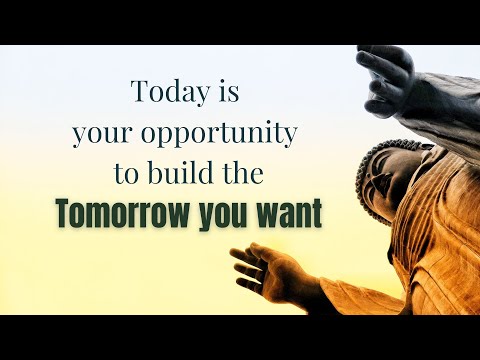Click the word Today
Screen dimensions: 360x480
(166, 92)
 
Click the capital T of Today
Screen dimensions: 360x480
(139, 91)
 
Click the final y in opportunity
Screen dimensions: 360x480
(291, 137)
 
